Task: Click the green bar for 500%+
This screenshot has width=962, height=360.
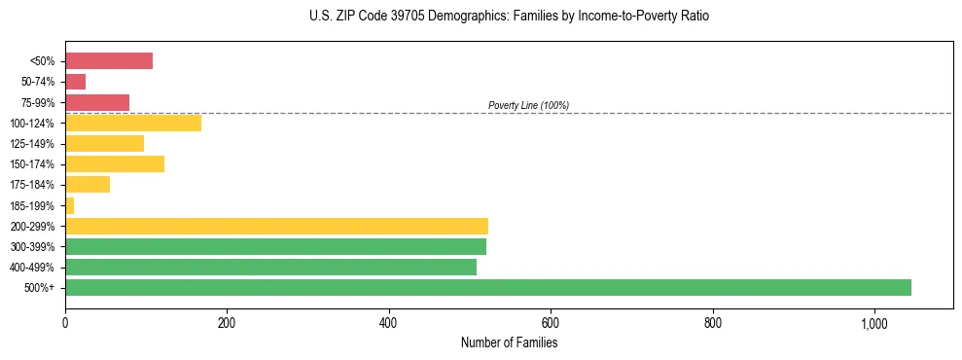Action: (x=487, y=287)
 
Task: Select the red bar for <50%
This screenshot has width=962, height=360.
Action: (x=109, y=61)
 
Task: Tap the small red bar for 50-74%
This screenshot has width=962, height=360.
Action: (x=75, y=82)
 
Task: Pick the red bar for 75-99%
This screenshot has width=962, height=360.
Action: (x=97, y=102)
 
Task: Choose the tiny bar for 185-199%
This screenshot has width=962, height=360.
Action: (x=69, y=205)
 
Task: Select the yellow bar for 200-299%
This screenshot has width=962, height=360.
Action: (x=276, y=226)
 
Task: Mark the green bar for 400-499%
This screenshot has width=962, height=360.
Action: (x=270, y=267)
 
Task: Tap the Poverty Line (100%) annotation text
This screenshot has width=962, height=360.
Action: (x=528, y=105)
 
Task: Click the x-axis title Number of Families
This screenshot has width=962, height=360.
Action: (x=509, y=342)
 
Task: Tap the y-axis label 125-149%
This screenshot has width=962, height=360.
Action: (x=32, y=144)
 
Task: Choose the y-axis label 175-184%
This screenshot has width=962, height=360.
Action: (x=32, y=185)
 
